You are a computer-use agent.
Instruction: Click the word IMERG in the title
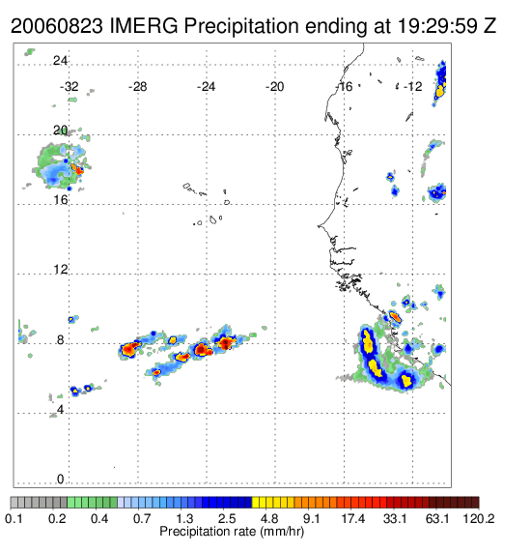coord(144,26)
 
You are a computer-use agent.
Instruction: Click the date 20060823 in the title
coord(57,26)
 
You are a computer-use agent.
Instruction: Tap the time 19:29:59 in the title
coord(437,26)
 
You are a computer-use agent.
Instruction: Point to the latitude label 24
coord(60,61)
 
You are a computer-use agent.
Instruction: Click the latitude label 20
coord(60,131)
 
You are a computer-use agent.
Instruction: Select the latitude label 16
coord(60,200)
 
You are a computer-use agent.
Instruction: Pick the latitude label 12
coord(60,270)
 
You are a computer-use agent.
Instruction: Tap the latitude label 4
coord(60,410)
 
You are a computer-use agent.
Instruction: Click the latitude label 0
coord(60,479)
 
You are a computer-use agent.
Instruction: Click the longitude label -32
coord(69,87)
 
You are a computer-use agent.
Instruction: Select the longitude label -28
coord(137,87)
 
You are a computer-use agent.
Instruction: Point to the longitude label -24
coord(206,87)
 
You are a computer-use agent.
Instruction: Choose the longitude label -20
coord(274,87)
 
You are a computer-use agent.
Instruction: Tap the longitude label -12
coord(413,87)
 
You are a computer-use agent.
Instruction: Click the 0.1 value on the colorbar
coord(14,518)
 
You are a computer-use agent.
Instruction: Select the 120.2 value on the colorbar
coord(478,518)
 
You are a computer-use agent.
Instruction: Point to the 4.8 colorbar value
coord(269,518)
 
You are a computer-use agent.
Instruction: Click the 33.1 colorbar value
coord(395,518)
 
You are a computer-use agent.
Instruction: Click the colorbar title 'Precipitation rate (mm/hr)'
coord(232,532)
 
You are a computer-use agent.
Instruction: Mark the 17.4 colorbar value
coord(353,518)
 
